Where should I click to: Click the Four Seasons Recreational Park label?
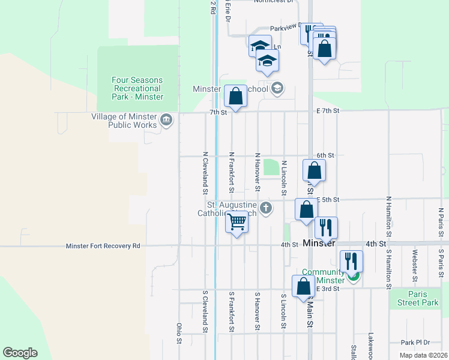(137, 88)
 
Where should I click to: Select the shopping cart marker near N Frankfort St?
(237, 223)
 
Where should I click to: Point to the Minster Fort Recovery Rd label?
(103, 246)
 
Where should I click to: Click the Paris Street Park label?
(417, 299)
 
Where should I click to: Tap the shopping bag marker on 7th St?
(235, 96)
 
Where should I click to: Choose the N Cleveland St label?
(205, 173)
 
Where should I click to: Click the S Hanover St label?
(256, 311)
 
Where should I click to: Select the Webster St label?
(414, 268)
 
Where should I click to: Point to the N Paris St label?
(440, 221)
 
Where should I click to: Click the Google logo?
(20, 353)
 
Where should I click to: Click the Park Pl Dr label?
(416, 343)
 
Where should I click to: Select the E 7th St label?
(328, 111)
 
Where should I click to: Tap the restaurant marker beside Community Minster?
(351, 261)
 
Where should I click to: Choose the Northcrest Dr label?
(276, 2)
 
